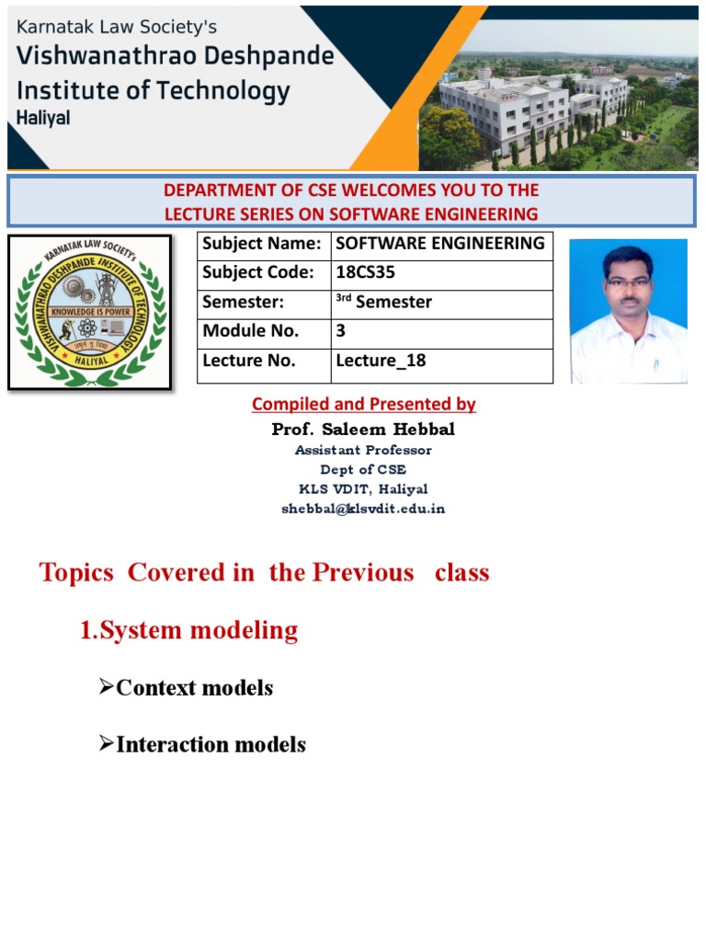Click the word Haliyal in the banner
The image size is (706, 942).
[x=44, y=118]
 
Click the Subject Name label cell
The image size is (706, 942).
[x=262, y=244]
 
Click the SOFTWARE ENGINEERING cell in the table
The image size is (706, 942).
[x=440, y=244]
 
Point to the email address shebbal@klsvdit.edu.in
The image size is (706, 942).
[x=363, y=509]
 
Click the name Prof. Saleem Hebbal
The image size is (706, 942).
[x=362, y=430]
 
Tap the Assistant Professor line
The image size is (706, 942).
[x=363, y=450]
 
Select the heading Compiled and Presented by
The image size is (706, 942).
[x=363, y=404]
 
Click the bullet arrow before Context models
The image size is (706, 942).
[x=106, y=686]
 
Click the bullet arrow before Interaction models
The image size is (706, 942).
[x=106, y=743]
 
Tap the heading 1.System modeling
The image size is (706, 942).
[x=188, y=630]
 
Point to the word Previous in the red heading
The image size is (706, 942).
[x=362, y=572]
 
